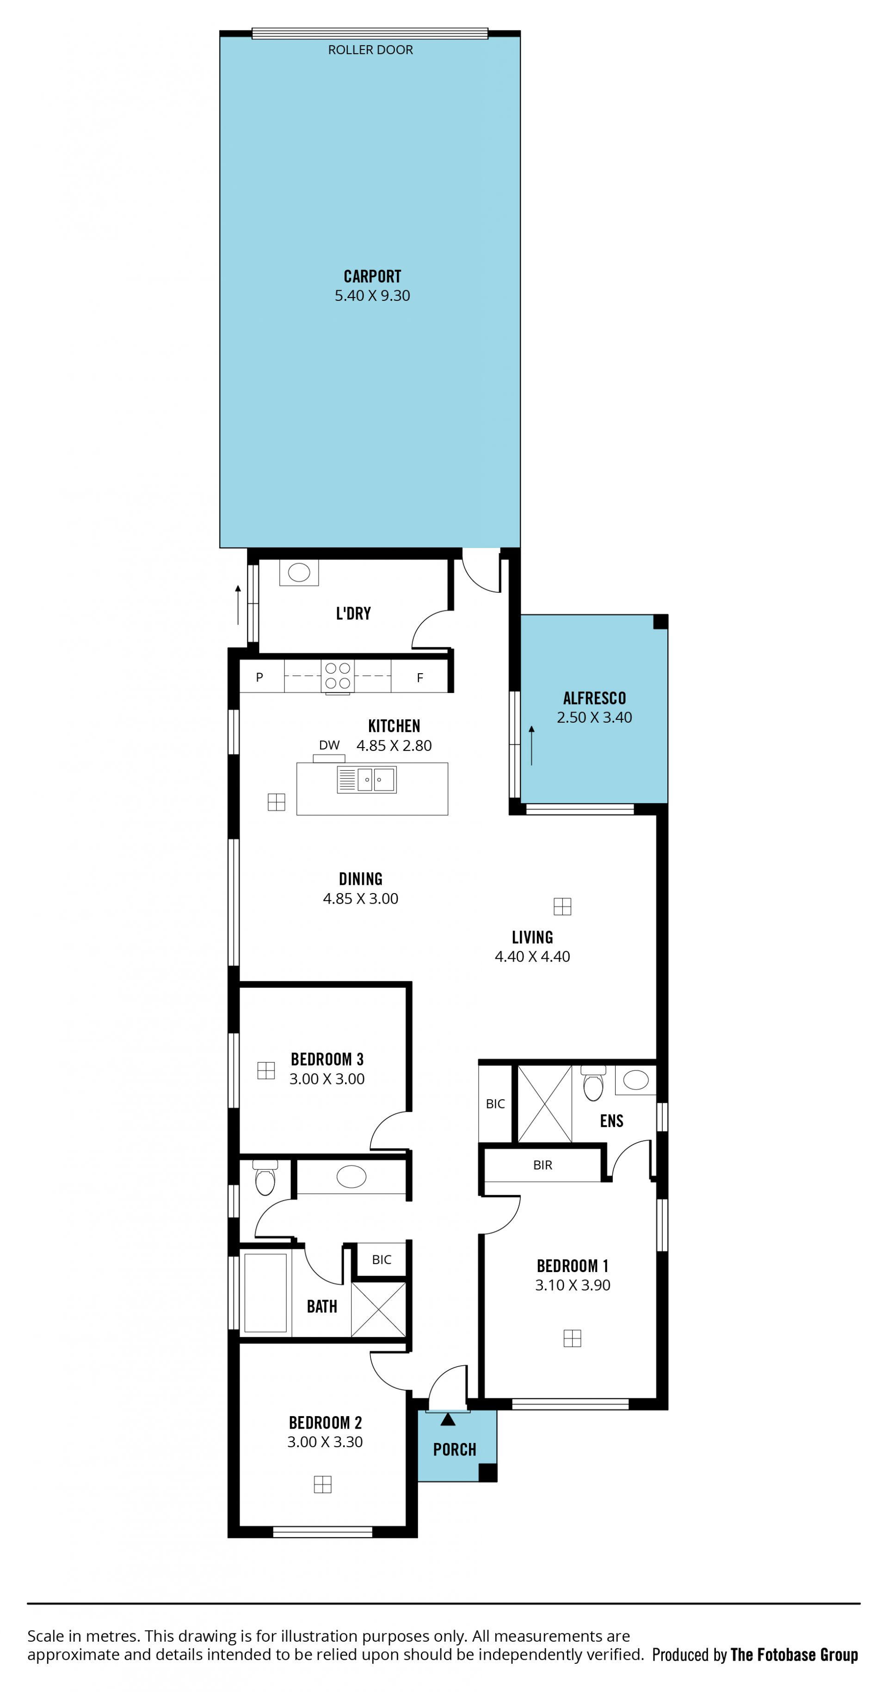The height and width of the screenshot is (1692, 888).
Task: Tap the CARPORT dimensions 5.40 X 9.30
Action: (372, 296)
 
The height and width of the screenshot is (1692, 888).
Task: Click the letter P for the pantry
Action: (259, 677)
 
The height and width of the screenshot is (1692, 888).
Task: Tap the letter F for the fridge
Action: (420, 678)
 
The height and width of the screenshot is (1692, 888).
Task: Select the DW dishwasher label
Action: (329, 745)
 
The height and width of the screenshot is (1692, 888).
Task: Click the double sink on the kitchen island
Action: (367, 779)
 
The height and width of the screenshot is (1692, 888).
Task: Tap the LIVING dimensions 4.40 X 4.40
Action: (532, 956)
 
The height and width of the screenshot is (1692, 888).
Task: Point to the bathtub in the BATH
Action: (265, 1293)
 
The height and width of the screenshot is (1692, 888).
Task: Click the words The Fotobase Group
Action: (794, 1655)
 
